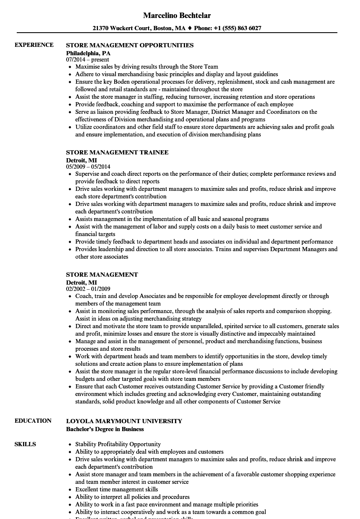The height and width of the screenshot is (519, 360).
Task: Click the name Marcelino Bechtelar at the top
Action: tap(177, 15)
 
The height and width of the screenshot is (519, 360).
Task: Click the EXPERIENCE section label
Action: tap(34, 45)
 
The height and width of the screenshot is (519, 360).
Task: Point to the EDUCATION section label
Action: tap(33, 421)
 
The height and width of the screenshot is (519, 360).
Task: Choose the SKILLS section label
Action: tap(25, 444)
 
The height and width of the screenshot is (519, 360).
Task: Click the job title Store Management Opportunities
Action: tap(130, 45)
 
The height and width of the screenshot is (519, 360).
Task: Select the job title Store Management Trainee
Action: tap(117, 152)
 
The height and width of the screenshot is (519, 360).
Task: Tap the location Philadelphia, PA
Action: tap(88, 53)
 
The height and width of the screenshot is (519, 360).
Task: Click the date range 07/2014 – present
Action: tap(87, 60)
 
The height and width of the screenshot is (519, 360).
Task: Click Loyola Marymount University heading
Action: tap(124, 421)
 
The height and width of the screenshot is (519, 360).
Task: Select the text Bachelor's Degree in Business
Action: tap(105, 429)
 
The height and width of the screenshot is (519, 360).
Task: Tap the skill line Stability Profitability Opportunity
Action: tap(118, 444)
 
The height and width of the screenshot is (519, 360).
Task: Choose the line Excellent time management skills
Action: tap(116, 489)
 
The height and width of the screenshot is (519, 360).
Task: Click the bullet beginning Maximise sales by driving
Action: tap(147, 67)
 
